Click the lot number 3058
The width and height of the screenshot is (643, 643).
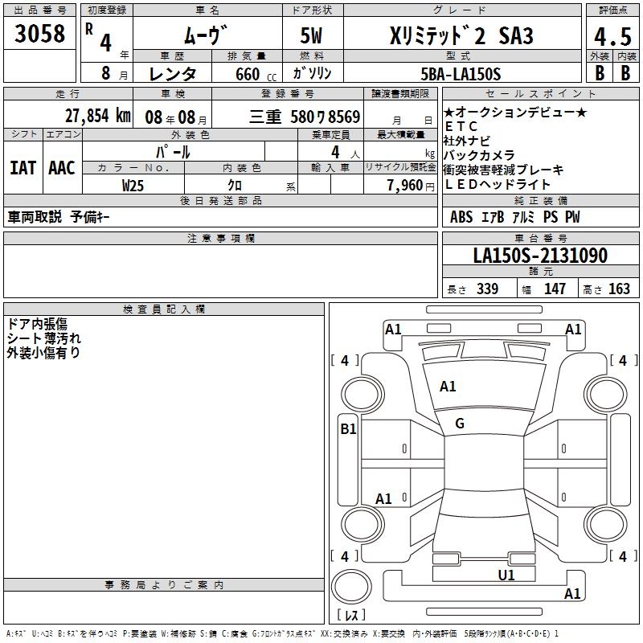pos(39,33)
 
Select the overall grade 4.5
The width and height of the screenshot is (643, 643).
pos(612,36)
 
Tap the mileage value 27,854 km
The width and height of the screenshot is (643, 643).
pos(98,116)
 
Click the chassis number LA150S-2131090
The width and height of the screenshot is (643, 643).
pos(540,255)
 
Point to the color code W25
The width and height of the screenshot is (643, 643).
pos(133,186)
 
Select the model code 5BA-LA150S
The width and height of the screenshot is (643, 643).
pos(461,74)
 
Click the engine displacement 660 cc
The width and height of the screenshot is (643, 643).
pos(256,74)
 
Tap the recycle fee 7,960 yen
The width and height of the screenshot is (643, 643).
pos(411,186)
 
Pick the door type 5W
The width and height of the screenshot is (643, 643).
pos(311,35)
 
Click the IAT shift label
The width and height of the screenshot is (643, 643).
pos(23,168)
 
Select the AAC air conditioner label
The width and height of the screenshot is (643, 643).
pos(62,168)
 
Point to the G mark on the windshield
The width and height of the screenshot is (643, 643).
pos(460,424)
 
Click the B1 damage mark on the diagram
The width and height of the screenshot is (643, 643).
pos(348,429)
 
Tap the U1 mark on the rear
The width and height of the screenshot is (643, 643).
pos(506,575)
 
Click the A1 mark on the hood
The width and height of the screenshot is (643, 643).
pos(448,387)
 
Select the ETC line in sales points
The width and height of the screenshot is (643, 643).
pos(461,126)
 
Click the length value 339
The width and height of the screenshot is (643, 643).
pos(487,289)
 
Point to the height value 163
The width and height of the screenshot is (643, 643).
pos(619,289)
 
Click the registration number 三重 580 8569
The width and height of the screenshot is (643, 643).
pos(305,117)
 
